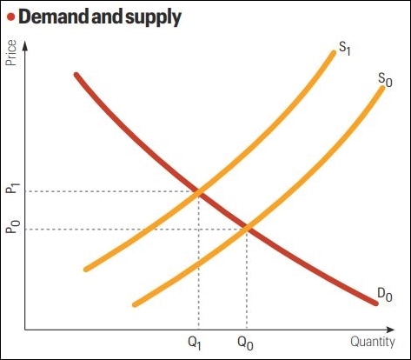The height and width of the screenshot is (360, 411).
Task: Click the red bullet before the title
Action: pos(10,17)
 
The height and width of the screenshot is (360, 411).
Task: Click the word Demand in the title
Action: pos(56,17)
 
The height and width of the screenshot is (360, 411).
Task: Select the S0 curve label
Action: pos(386,79)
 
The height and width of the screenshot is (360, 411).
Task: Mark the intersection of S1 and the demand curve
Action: pos(201,191)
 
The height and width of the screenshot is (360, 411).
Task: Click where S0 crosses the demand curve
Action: pos(248,229)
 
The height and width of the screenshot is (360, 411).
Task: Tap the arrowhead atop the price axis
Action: pos(26,45)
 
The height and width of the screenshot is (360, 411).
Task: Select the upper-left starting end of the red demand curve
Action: pos(77,76)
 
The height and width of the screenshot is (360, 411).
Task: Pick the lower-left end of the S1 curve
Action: pos(86,269)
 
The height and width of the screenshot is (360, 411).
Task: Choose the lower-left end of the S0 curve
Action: pos(135,304)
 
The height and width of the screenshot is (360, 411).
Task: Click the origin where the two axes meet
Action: pos(26,330)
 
